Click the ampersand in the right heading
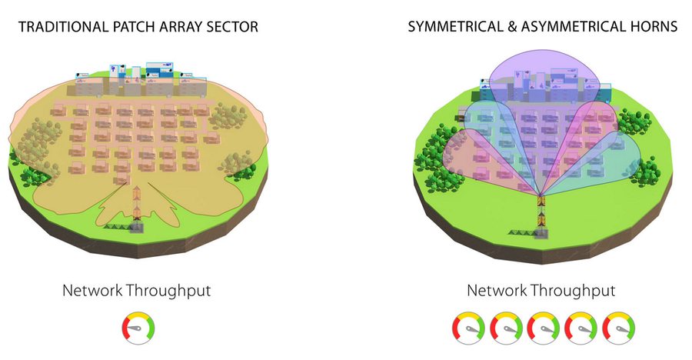click(x=512, y=26)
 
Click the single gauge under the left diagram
click(x=138, y=328)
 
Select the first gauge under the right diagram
click(x=468, y=328)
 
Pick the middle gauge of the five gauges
click(x=544, y=328)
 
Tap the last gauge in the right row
click(x=618, y=328)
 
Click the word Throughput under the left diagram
click(x=168, y=291)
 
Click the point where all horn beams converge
click(x=541, y=195)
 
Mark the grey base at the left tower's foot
click(x=136, y=228)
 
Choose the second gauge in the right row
click(x=506, y=328)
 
